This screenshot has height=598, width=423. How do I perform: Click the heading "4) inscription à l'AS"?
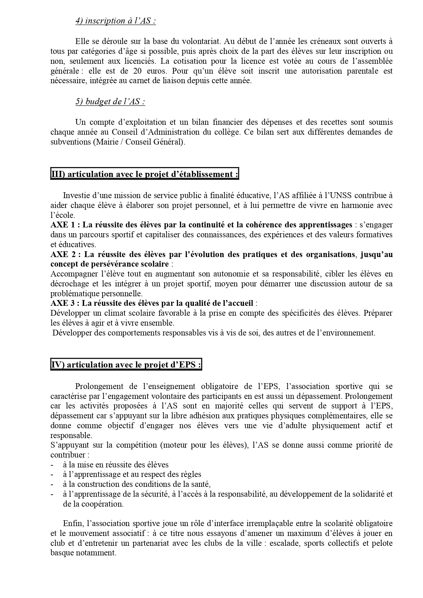pos(116,21)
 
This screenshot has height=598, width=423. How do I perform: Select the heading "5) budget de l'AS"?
pos(110,102)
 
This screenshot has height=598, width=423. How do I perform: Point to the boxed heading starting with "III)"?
pos(145,174)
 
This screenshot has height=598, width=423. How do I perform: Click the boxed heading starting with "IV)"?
pos(126,365)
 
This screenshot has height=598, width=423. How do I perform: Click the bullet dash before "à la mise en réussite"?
pos(52,465)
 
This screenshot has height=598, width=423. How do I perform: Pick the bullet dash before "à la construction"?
pos(52,484)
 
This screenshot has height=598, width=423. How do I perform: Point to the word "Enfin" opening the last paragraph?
pos(73,523)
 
